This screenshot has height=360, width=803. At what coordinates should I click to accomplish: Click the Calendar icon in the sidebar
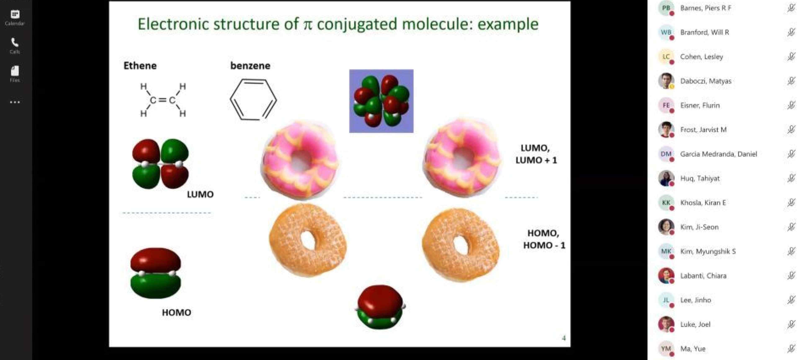[15, 14]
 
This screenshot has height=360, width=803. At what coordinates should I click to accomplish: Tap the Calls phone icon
[15, 42]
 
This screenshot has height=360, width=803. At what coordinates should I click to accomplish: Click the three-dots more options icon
[15, 102]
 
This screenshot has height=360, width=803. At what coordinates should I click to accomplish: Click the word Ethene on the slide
[140, 66]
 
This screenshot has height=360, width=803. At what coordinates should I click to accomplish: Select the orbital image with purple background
[381, 101]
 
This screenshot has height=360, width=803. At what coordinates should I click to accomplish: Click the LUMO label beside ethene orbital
[200, 194]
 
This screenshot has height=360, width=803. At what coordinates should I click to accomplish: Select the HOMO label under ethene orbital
[176, 313]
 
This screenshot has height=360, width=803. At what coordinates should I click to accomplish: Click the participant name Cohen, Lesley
[701, 57]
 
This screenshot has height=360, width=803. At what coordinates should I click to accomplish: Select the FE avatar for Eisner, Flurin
[666, 105]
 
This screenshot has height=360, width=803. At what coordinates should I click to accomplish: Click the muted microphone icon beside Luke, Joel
[791, 324]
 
